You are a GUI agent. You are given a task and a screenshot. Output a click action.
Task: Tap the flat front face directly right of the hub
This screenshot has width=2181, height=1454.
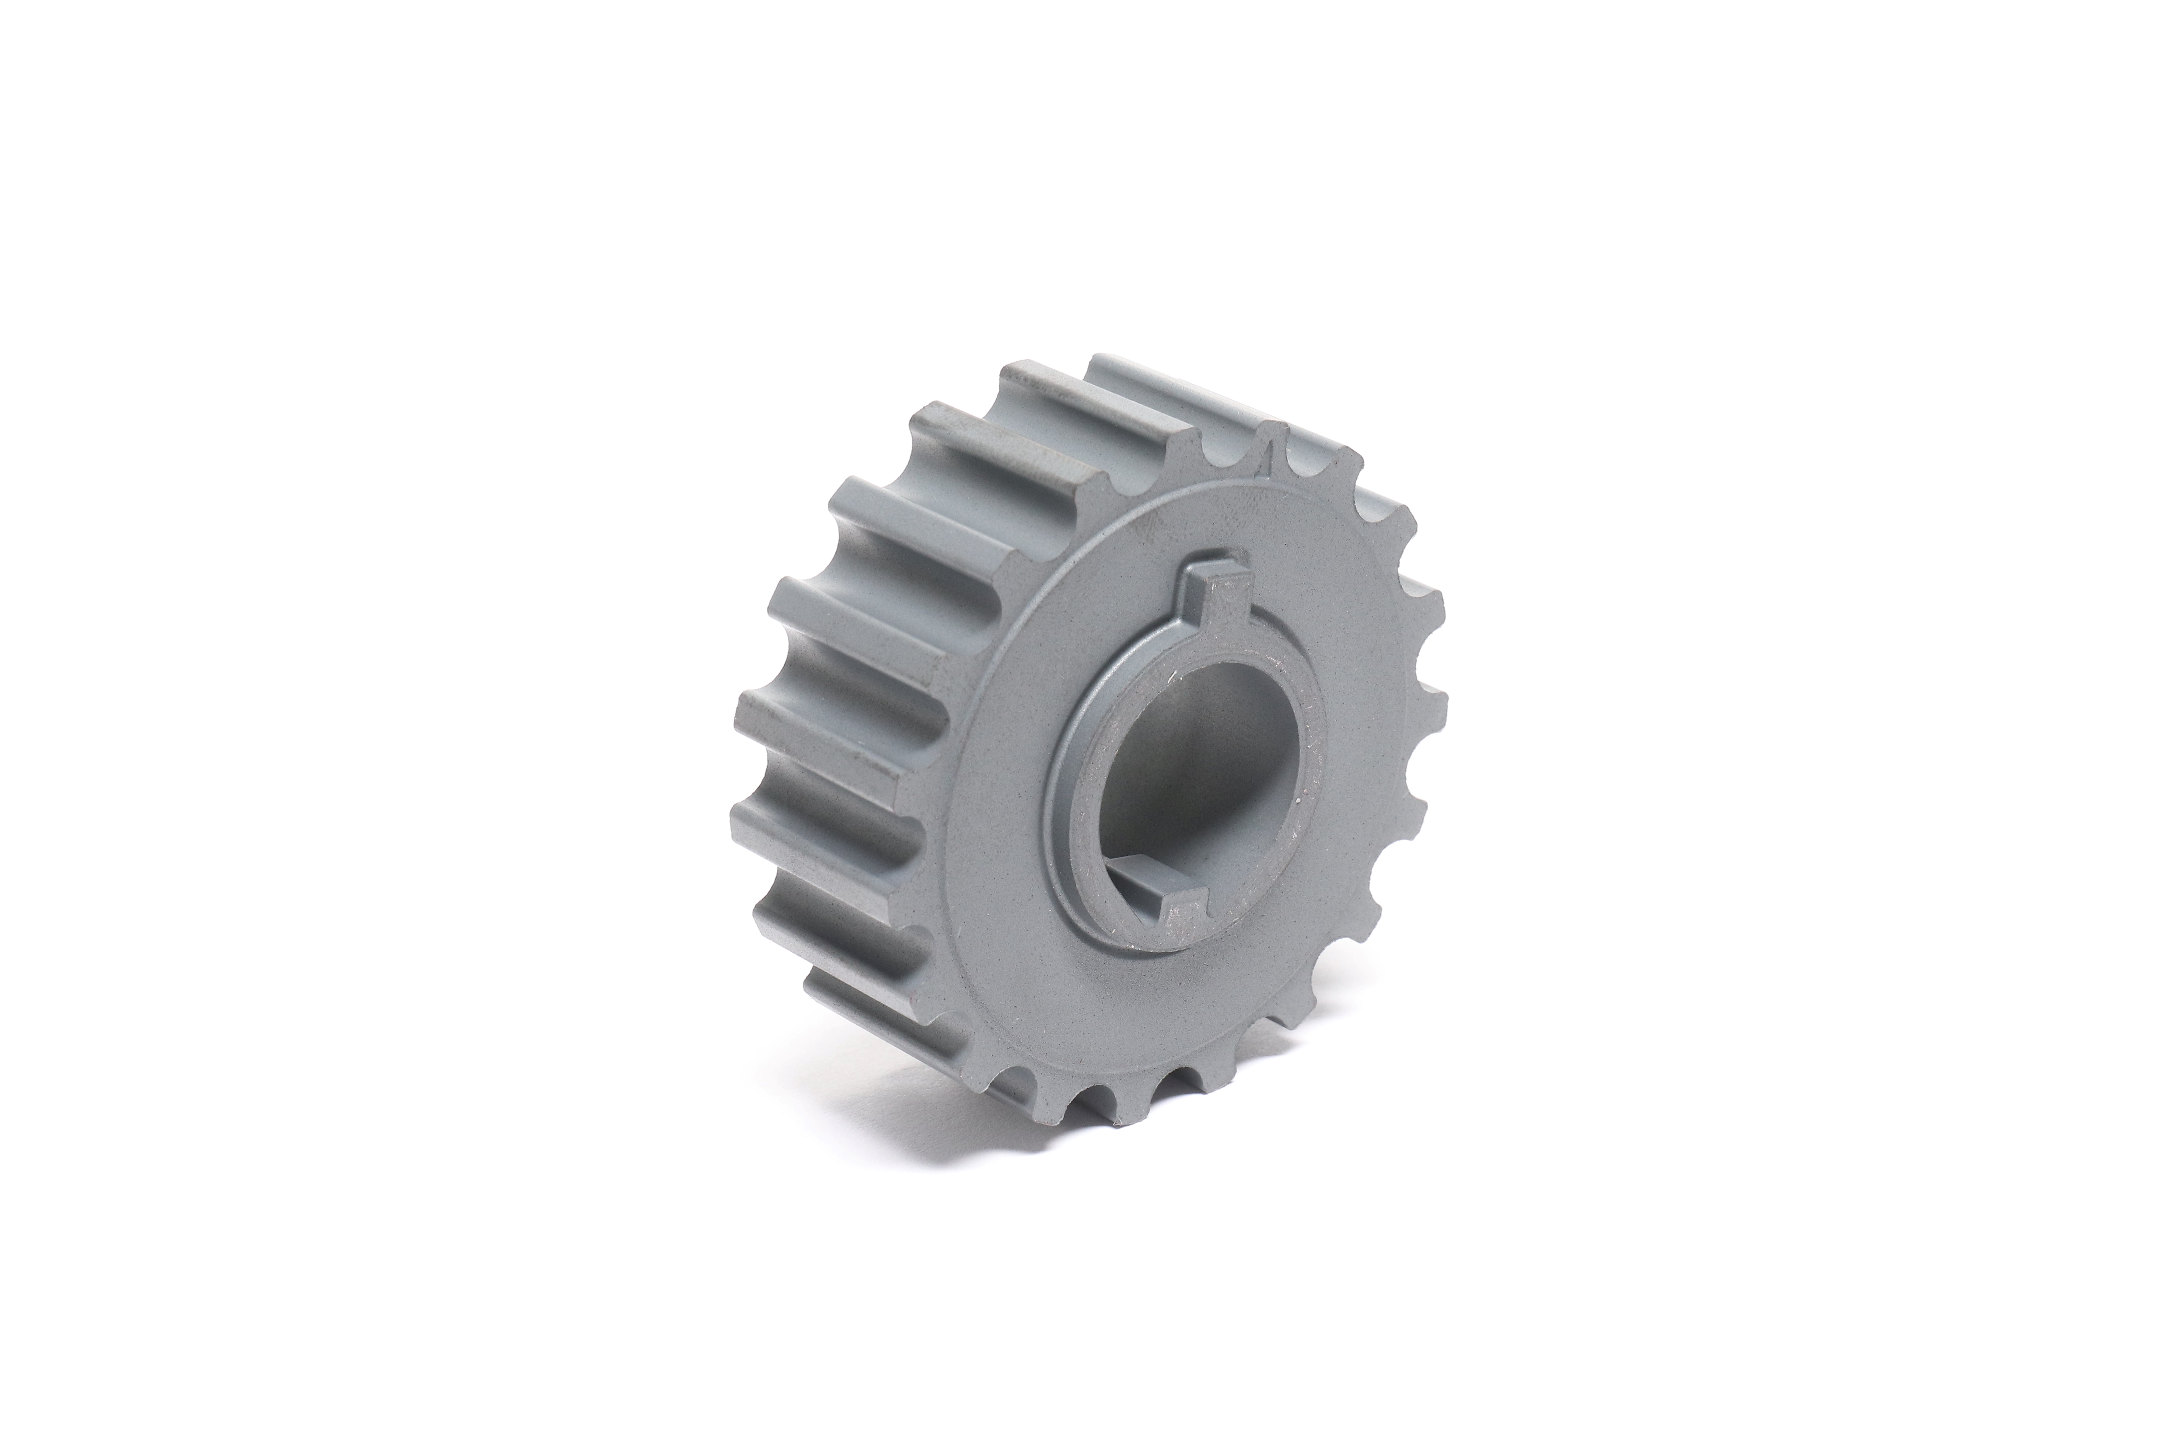(1363, 742)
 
